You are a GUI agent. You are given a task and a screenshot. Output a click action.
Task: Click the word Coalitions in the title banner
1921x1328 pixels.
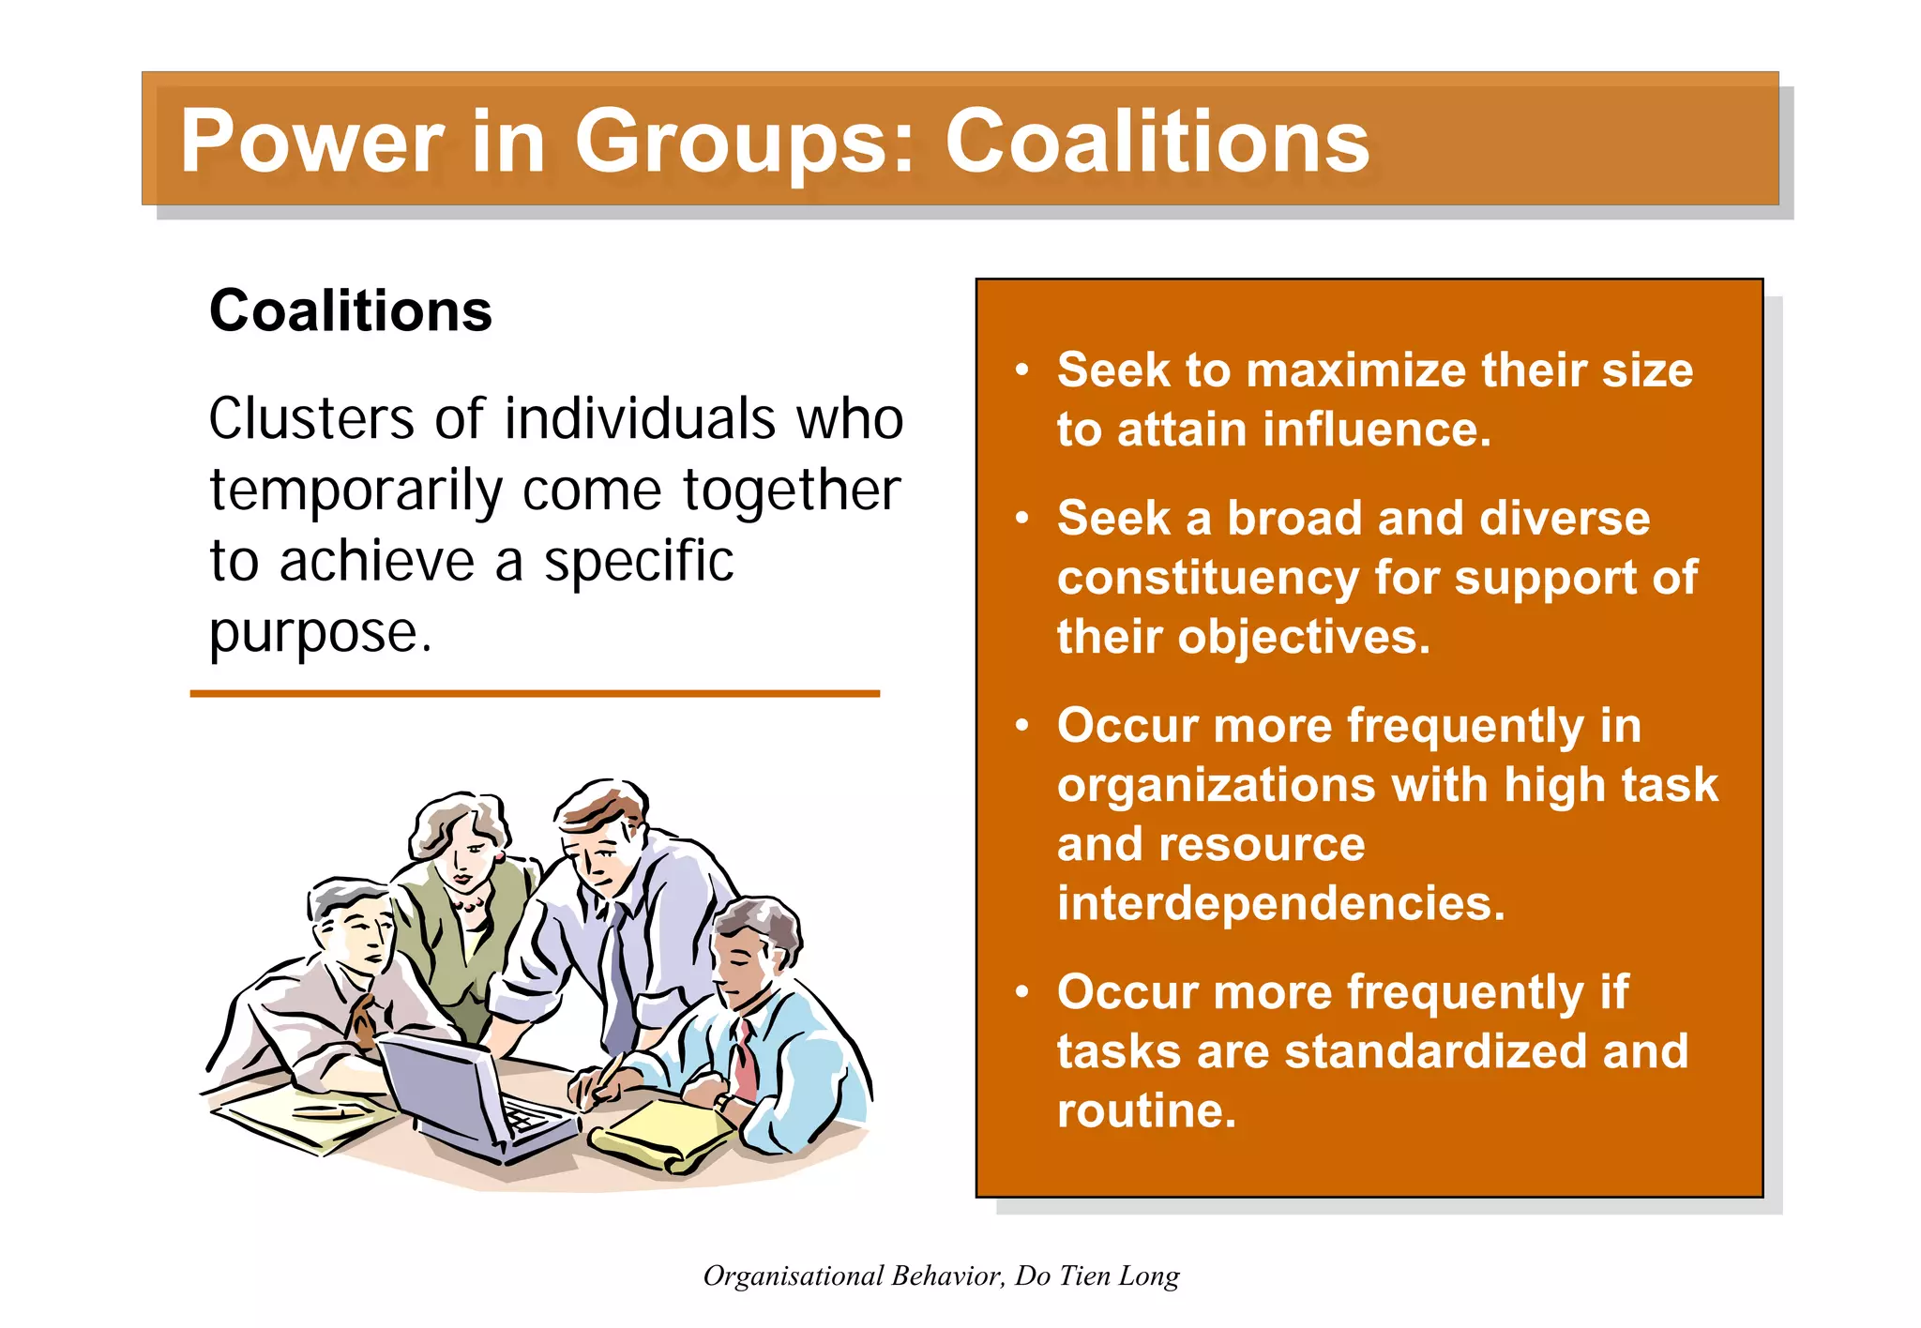(1157, 142)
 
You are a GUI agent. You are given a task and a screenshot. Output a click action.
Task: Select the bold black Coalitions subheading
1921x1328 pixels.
(350, 310)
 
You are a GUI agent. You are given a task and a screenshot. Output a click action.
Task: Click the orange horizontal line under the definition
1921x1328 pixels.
(535, 694)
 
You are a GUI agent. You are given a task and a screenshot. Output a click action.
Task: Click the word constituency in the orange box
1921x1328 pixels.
(1207, 578)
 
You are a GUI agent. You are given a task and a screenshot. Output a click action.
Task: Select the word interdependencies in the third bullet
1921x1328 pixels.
(1280, 903)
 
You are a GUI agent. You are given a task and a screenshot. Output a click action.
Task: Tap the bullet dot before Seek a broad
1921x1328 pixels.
(1022, 518)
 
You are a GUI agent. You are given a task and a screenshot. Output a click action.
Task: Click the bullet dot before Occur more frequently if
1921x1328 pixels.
(1022, 991)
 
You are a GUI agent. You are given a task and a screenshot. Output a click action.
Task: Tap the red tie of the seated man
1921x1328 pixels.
(746, 1060)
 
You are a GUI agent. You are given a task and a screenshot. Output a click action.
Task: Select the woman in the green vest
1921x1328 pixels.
(464, 900)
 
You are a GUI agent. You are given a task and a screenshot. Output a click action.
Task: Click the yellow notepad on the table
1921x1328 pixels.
(661, 1135)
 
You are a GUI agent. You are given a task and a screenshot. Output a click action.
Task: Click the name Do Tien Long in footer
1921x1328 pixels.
(1097, 1275)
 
